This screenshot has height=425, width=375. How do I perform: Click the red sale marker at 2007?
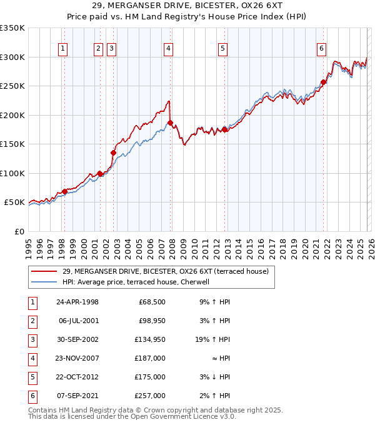click(170, 123)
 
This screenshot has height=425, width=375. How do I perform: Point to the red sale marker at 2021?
click(323, 82)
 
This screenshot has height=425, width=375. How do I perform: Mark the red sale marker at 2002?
click(114, 152)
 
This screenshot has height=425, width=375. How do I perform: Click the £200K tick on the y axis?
click(12, 115)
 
